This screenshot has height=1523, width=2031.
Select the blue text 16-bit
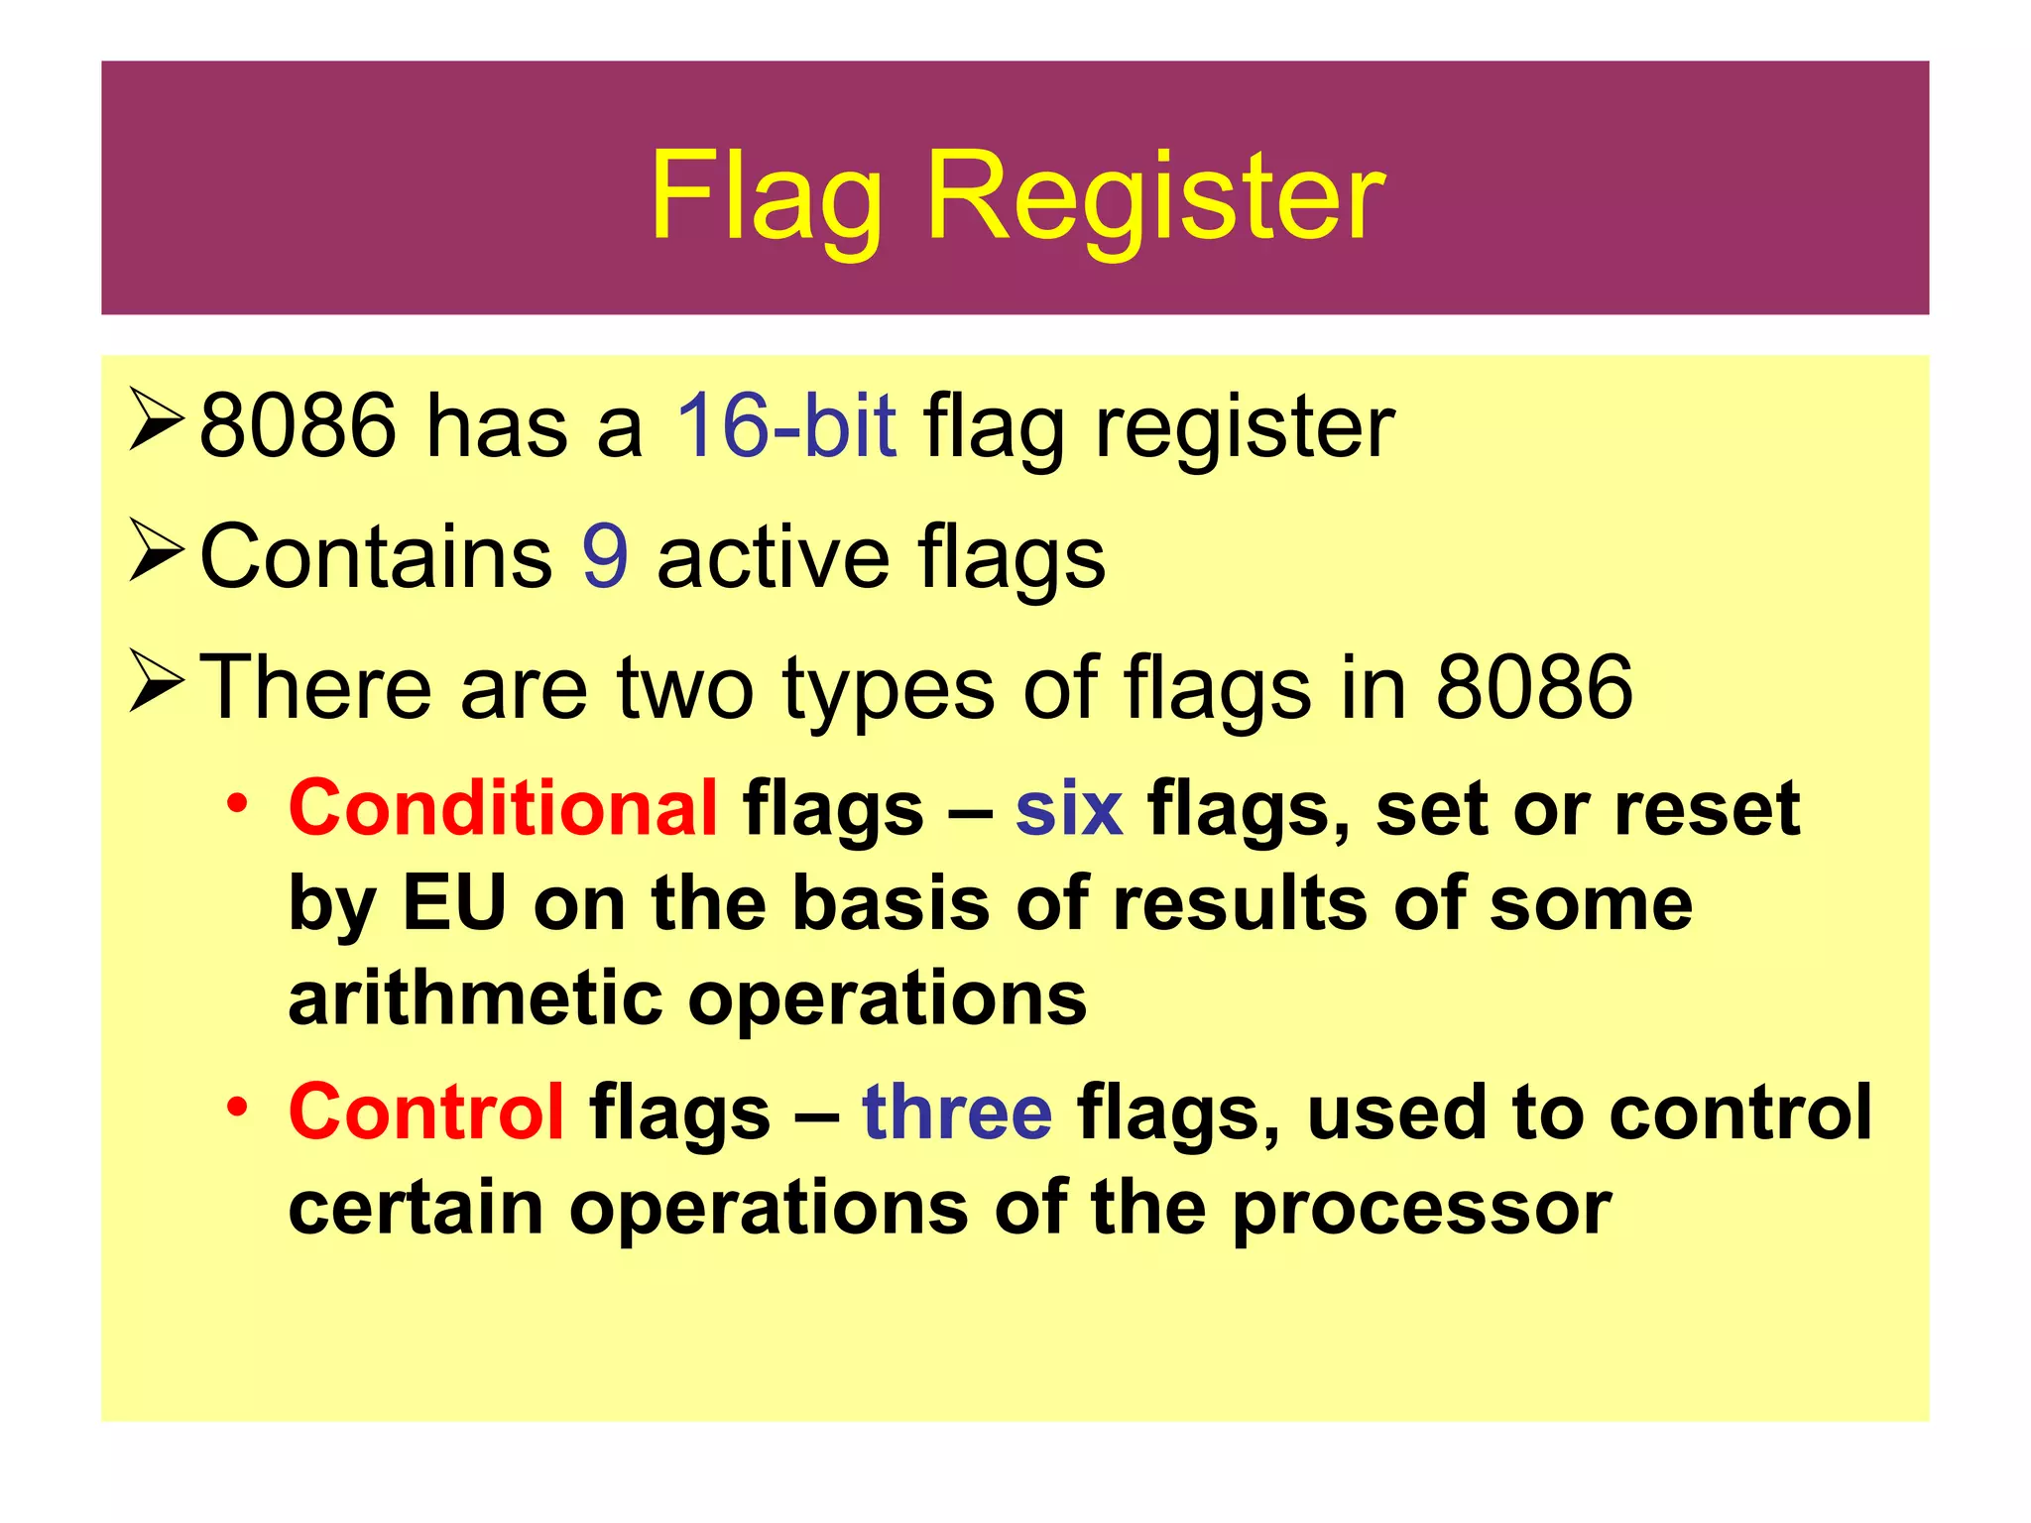click(786, 425)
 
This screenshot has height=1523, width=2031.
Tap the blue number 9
click(605, 556)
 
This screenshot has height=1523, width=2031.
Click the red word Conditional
click(503, 808)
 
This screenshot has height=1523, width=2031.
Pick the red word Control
click(426, 1112)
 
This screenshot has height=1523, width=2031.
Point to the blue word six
click(1068, 808)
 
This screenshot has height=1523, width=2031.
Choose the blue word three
click(957, 1112)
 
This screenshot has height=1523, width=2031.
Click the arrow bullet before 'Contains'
click(157, 553)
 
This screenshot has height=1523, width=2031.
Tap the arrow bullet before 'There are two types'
click(157, 682)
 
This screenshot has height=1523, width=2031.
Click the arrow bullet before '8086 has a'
click(157, 422)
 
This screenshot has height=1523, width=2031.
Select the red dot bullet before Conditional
click(236, 802)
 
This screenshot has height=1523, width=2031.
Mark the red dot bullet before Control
click(236, 1106)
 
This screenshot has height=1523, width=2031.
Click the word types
click(888, 689)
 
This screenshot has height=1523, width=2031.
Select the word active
click(773, 556)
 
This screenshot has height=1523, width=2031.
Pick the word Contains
click(376, 556)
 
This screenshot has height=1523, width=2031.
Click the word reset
click(1706, 808)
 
